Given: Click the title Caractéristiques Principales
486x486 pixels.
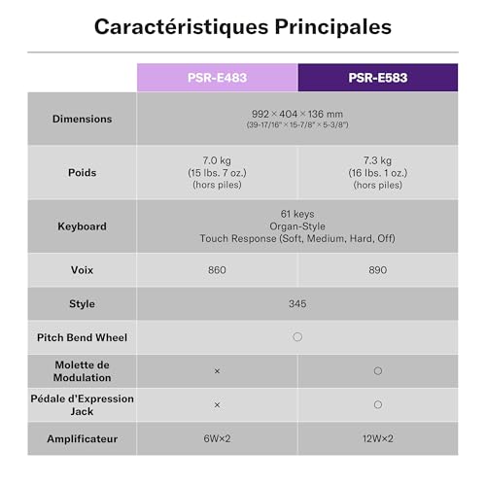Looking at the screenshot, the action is (x=243, y=26).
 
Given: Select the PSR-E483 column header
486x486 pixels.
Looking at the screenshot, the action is (x=217, y=78).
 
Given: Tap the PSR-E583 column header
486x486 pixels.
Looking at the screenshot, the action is (x=377, y=78).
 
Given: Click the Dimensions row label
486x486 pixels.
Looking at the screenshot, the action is (x=83, y=119).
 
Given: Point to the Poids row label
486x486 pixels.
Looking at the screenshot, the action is (x=83, y=172).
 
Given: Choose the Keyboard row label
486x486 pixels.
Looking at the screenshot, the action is (x=83, y=226).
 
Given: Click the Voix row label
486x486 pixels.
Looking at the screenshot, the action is (x=83, y=270).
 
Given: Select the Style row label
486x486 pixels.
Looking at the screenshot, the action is (x=83, y=304).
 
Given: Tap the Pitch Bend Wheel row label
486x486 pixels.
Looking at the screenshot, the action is (x=83, y=337).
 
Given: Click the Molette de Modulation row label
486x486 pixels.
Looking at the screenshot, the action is (x=83, y=370).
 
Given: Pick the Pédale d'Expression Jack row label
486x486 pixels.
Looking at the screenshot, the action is (x=83, y=404).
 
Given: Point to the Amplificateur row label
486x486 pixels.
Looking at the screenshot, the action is (x=83, y=438).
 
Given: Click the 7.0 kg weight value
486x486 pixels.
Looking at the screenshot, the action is (x=217, y=160).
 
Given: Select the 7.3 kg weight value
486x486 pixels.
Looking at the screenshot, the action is (x=377, y=160).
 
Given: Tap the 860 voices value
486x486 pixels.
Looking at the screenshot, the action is (x=217, y=270).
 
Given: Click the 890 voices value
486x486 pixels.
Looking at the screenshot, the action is (x=377, y=270).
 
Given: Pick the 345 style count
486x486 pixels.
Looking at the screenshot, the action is (x=297, y=304).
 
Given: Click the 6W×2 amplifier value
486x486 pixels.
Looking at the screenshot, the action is (x=217, y=438).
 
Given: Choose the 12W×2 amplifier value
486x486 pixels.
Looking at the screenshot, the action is (x=377, y=438).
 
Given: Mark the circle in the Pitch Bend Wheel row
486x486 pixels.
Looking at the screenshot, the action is (x=297, y=337).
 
